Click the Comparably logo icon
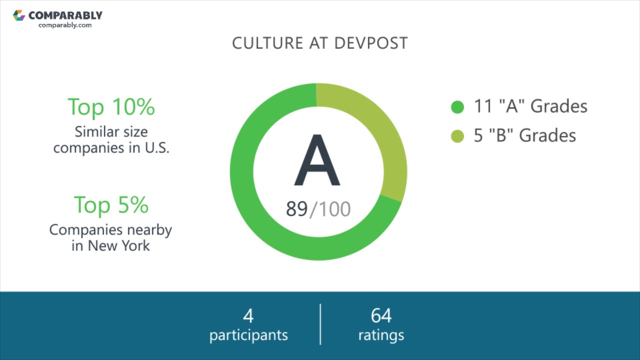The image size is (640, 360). pos(19,15)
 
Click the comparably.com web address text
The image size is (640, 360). pos(65,25)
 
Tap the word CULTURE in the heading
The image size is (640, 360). pos(267,43)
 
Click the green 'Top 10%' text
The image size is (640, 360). pos(111,106)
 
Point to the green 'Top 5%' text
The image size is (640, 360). pos(111,204)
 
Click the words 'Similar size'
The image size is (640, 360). pos(111,131)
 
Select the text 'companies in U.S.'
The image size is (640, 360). pos(111,148)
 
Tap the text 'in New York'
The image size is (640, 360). pos(110,246)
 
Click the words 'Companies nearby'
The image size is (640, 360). pos(110,229)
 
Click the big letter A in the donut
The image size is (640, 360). pos(317,161)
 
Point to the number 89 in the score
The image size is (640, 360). pos(296,209)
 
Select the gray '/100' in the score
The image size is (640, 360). pos(330,209)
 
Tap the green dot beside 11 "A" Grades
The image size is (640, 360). pos(457,107)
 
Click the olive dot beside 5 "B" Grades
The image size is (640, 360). pos(457,136)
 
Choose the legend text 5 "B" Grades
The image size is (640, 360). pos(525,135)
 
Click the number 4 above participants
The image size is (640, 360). pos(248,316)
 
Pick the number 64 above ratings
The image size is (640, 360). pos(381,316)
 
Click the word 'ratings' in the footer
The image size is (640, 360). pos(381,334)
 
